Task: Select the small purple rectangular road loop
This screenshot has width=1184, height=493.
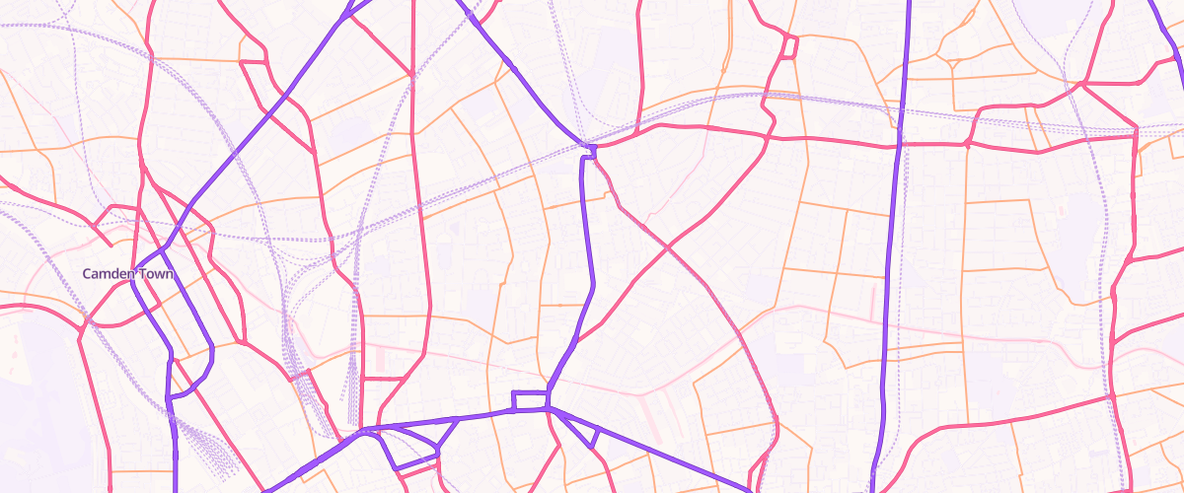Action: pyautogui.click(x=529, y=400)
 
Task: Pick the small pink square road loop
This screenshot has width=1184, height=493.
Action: pyautogui.click(x=789, y=45)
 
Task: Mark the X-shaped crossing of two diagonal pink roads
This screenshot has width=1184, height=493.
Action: pyautogui.click(x=669, y=245)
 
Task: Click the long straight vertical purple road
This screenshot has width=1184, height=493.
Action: pyautogui.click(x=894, y=246)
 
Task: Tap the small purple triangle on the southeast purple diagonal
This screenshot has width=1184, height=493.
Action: pyautogui.click(x=589, y=434)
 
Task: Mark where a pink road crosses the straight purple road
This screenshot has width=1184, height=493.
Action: pyautogui.click(x=898, y=143)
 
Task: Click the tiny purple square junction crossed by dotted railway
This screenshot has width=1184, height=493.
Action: pyautogui.click(x=591, y=149)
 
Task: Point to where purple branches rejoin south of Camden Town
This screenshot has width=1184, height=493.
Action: pyautogui.click(x=171, y=394)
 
